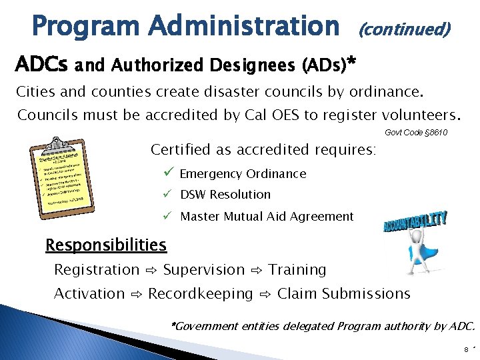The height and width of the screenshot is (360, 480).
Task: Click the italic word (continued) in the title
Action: click(x=405, y=29)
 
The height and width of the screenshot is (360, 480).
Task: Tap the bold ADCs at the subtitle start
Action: click(x=41, y=66)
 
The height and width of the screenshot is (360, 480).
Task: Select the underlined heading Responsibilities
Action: click(x=105, y=245)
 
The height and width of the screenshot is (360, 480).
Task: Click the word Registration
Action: click(x=97, y=270)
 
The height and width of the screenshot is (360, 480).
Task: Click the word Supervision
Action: click(x=204, y=270)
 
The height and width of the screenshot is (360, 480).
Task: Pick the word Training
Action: click(x=297, y=270)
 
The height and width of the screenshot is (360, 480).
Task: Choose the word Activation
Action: click(x=89, y=293)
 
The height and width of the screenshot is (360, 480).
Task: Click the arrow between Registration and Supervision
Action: click(x=151, y=271)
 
